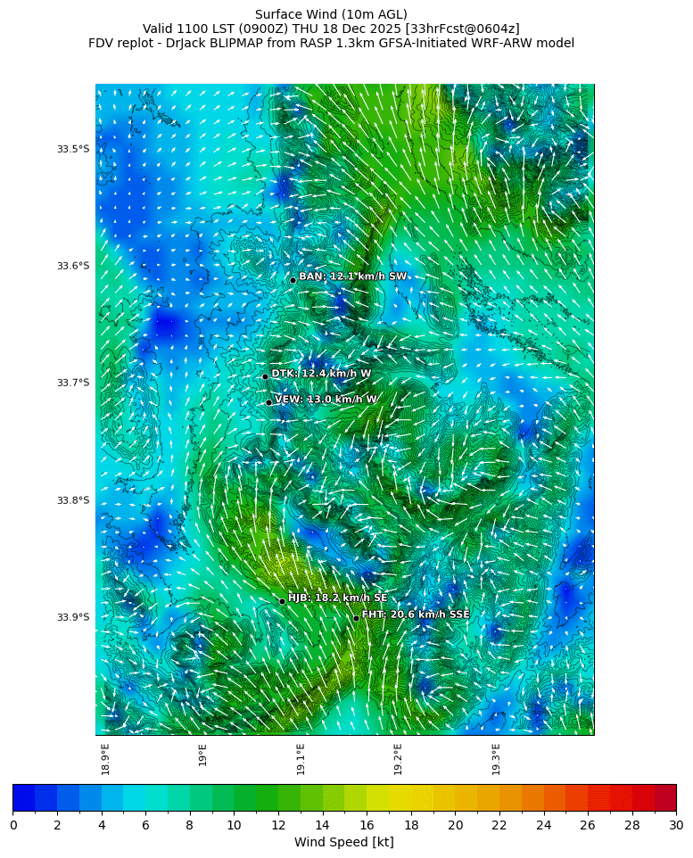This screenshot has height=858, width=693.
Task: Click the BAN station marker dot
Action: [293, 280]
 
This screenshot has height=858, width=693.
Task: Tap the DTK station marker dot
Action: [265, 376]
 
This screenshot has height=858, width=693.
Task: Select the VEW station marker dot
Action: [268, 402]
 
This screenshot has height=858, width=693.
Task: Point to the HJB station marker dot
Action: [282, 601]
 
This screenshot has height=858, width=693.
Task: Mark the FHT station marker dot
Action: [356, 618]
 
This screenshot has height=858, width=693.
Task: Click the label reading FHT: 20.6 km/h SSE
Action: [416, 615]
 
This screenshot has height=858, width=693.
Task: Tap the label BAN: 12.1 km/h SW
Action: [352, 276]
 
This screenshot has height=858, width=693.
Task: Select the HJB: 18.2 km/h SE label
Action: [337, 598]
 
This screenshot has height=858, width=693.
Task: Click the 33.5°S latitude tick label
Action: [73, 149]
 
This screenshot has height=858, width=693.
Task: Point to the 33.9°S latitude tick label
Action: [73, 617]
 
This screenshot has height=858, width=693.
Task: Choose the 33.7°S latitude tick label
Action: [73, 383]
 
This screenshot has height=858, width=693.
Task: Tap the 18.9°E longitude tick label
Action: [105, 759]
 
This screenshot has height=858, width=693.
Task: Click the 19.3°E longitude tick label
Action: [496, 759]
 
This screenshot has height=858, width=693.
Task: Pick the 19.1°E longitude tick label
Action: [301, 759]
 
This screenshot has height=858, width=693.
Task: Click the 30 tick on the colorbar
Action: [675, 825]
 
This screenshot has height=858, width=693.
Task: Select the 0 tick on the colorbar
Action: [13, 825]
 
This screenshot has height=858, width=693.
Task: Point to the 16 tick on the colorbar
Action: [367, 825]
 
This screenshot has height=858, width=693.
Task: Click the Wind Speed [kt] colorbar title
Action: [343, 842]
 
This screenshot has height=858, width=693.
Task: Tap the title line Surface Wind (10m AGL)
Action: [331, 14]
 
